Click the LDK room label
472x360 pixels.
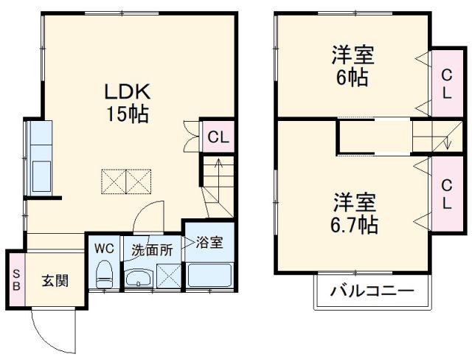click(x=127, y=92)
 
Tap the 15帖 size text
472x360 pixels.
click(x=127, y=114)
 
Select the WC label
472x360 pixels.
click(x=103, y=247)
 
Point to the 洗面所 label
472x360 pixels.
click(x=152, y=250)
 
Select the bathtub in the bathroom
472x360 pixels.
click(x=210, y=275)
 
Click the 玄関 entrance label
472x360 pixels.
click(x=55, y=280)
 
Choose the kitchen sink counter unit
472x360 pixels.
click(x=40, y=159)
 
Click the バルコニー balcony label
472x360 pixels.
click(x=372, y=291)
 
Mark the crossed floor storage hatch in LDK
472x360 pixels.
click(x=127, y=180)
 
